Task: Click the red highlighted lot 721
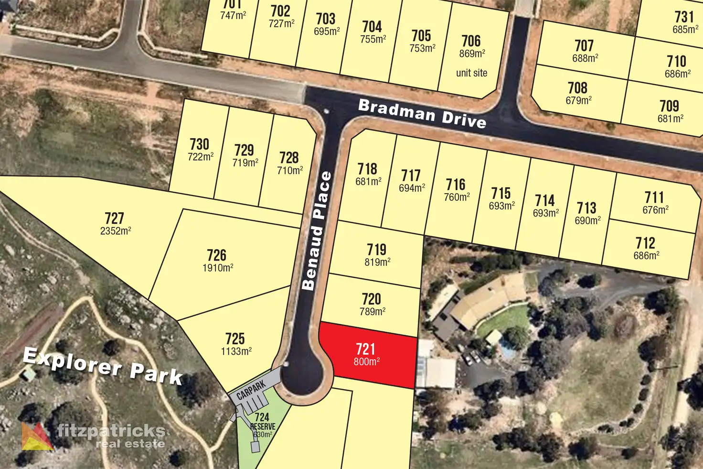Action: (368, 355)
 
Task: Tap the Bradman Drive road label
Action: (422, 113)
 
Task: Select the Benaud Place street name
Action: (317, 231)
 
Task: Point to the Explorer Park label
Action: (103, 366)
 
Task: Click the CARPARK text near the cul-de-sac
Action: (251, 390)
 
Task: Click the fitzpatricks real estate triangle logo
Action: (37, 436)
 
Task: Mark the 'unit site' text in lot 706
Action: (471, 73)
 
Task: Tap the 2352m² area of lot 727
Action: (116, 231)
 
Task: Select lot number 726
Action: (216, 255)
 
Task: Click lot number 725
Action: (235, 338)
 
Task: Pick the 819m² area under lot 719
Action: (377, 262)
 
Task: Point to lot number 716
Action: (456, 185)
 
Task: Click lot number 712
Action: (645, 243)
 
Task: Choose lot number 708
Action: (577, 88)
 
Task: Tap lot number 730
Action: (199, 144)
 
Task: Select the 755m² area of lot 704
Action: (373, 39)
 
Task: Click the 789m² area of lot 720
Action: (373, 312)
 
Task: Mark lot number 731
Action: (684, 17)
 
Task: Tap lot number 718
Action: (367, 169)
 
